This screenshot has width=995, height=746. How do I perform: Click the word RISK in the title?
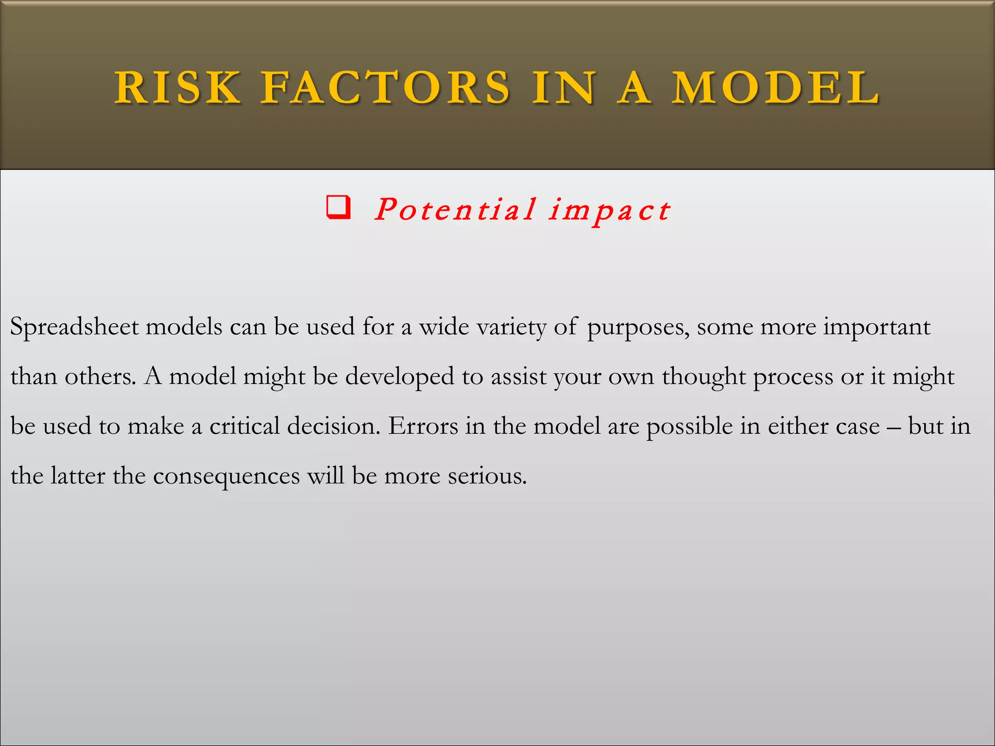[177, 88]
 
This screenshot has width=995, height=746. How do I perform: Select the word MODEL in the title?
[776, 88]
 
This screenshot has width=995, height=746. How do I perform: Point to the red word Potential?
[455, 210]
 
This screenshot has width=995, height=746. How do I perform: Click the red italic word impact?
[610, 211]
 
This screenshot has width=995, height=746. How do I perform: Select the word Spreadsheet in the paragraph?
[75, 327]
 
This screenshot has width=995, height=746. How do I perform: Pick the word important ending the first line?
[876, 327]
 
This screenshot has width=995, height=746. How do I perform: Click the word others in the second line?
[100, 376]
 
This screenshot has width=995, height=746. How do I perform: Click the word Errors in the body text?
[423, 426]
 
